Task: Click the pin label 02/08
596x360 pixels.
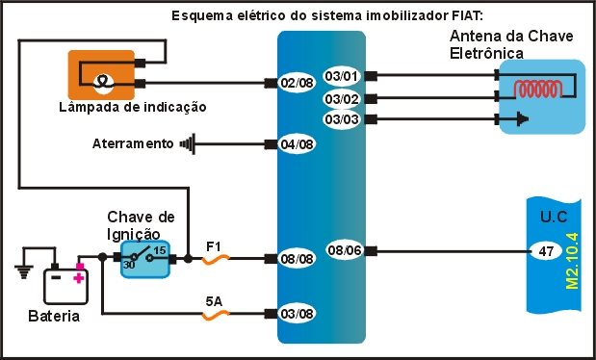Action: tap(298, 84)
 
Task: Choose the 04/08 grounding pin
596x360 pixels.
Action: tap(298, 145)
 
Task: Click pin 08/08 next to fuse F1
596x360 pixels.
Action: tap(298, 259)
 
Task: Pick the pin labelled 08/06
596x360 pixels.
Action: tap(344, 250)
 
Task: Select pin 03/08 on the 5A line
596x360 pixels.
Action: tap(298, 314)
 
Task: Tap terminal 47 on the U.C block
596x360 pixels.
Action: tap(544, 251)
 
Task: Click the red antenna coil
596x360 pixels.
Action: tap(539, 89)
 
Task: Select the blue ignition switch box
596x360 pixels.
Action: tap(145, 259)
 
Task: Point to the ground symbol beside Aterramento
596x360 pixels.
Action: tap(187, 145)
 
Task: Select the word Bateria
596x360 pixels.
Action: tap(53, 317)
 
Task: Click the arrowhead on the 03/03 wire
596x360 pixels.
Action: tap(523, 119)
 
